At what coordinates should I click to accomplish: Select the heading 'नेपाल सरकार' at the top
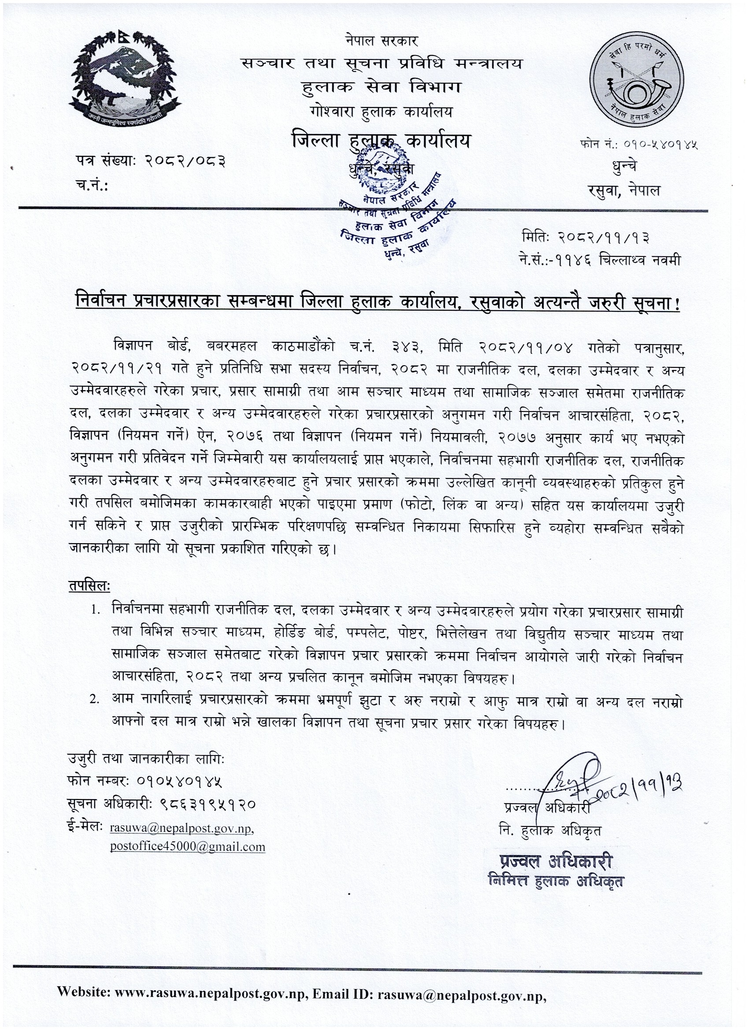pos(381,41)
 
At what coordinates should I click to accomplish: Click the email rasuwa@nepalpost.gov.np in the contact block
pos(182,828)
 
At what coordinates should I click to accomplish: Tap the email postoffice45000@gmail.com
pos(188,847)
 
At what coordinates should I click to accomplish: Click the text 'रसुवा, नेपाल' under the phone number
pos(623,191)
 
